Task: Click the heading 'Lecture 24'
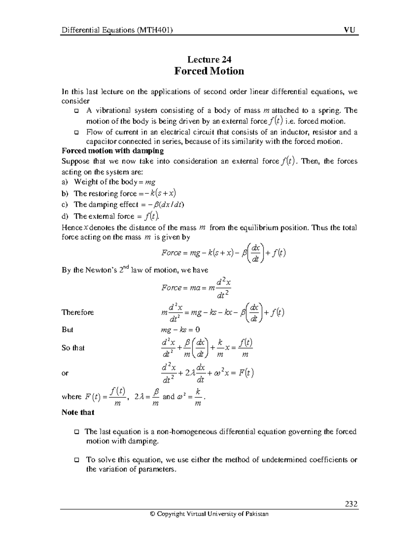click(209, 59)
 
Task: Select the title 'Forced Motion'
click(209, 71)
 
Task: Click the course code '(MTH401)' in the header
click(154, 30)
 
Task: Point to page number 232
click(351, 504)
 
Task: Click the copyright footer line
click(209, 514)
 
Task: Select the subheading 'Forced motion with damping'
click(112, 151)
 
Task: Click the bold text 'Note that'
click(78, 412)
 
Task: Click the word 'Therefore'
click(78, 312)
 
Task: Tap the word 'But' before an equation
click(67, 330)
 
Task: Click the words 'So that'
click(73, 348)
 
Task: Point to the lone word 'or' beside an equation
click(65, 373)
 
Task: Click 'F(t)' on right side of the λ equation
click(246, 373)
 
